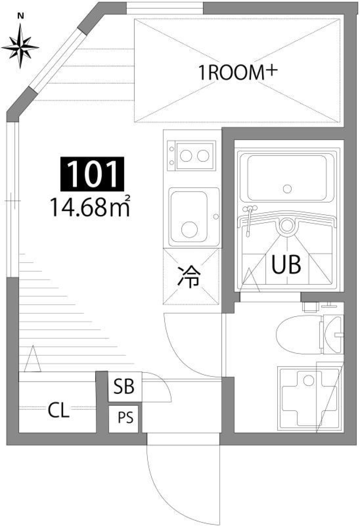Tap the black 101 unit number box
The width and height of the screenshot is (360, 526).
92,173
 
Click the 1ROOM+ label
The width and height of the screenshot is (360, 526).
237,72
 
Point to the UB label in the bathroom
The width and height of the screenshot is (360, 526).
286,264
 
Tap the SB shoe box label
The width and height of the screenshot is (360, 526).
124,386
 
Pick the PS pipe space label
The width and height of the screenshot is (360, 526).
125,418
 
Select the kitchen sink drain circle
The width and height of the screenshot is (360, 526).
188,228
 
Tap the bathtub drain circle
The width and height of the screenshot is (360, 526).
287,189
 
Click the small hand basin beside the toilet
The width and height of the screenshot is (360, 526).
333,334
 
